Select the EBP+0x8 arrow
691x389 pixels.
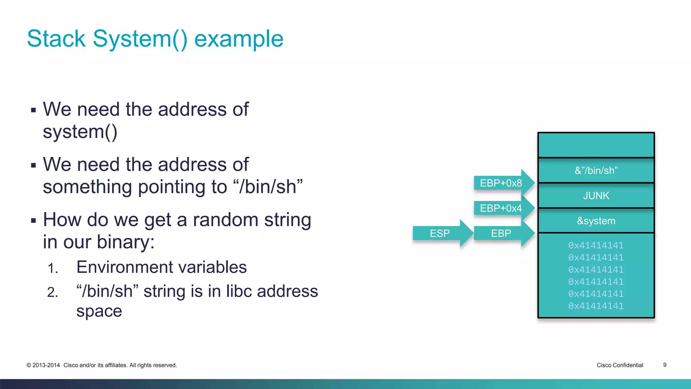pos(501,183)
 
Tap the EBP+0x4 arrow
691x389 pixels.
pos(501,208)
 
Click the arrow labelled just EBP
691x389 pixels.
pos(501,233)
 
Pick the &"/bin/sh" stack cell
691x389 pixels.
pos(596,171)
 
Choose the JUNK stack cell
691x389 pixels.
pos(596,196)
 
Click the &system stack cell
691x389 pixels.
pos(596,221)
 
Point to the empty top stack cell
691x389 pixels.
pos(596,145)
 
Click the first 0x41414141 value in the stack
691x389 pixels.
pos(596,245)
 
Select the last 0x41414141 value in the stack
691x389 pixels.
pos(596,306)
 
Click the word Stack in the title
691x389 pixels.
pos(56,39)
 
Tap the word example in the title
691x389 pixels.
pos(239,39)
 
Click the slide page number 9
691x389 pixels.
pos(665,365)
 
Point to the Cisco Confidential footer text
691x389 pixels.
pos(620,365)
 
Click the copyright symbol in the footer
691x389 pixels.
pos(29,365)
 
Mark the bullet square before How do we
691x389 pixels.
pos(33,221)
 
